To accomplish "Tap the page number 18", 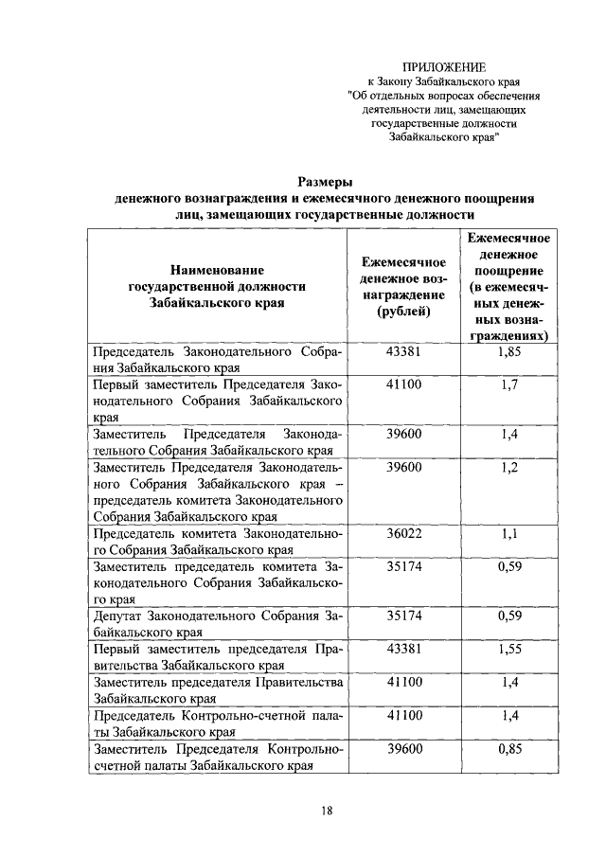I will point(326,811).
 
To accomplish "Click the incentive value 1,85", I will point(508,351).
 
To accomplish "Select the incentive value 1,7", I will point(508,385).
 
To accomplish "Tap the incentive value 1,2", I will point(508,468).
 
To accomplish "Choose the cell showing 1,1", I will point(508,535).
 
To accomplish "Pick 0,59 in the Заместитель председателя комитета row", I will point(508,568).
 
